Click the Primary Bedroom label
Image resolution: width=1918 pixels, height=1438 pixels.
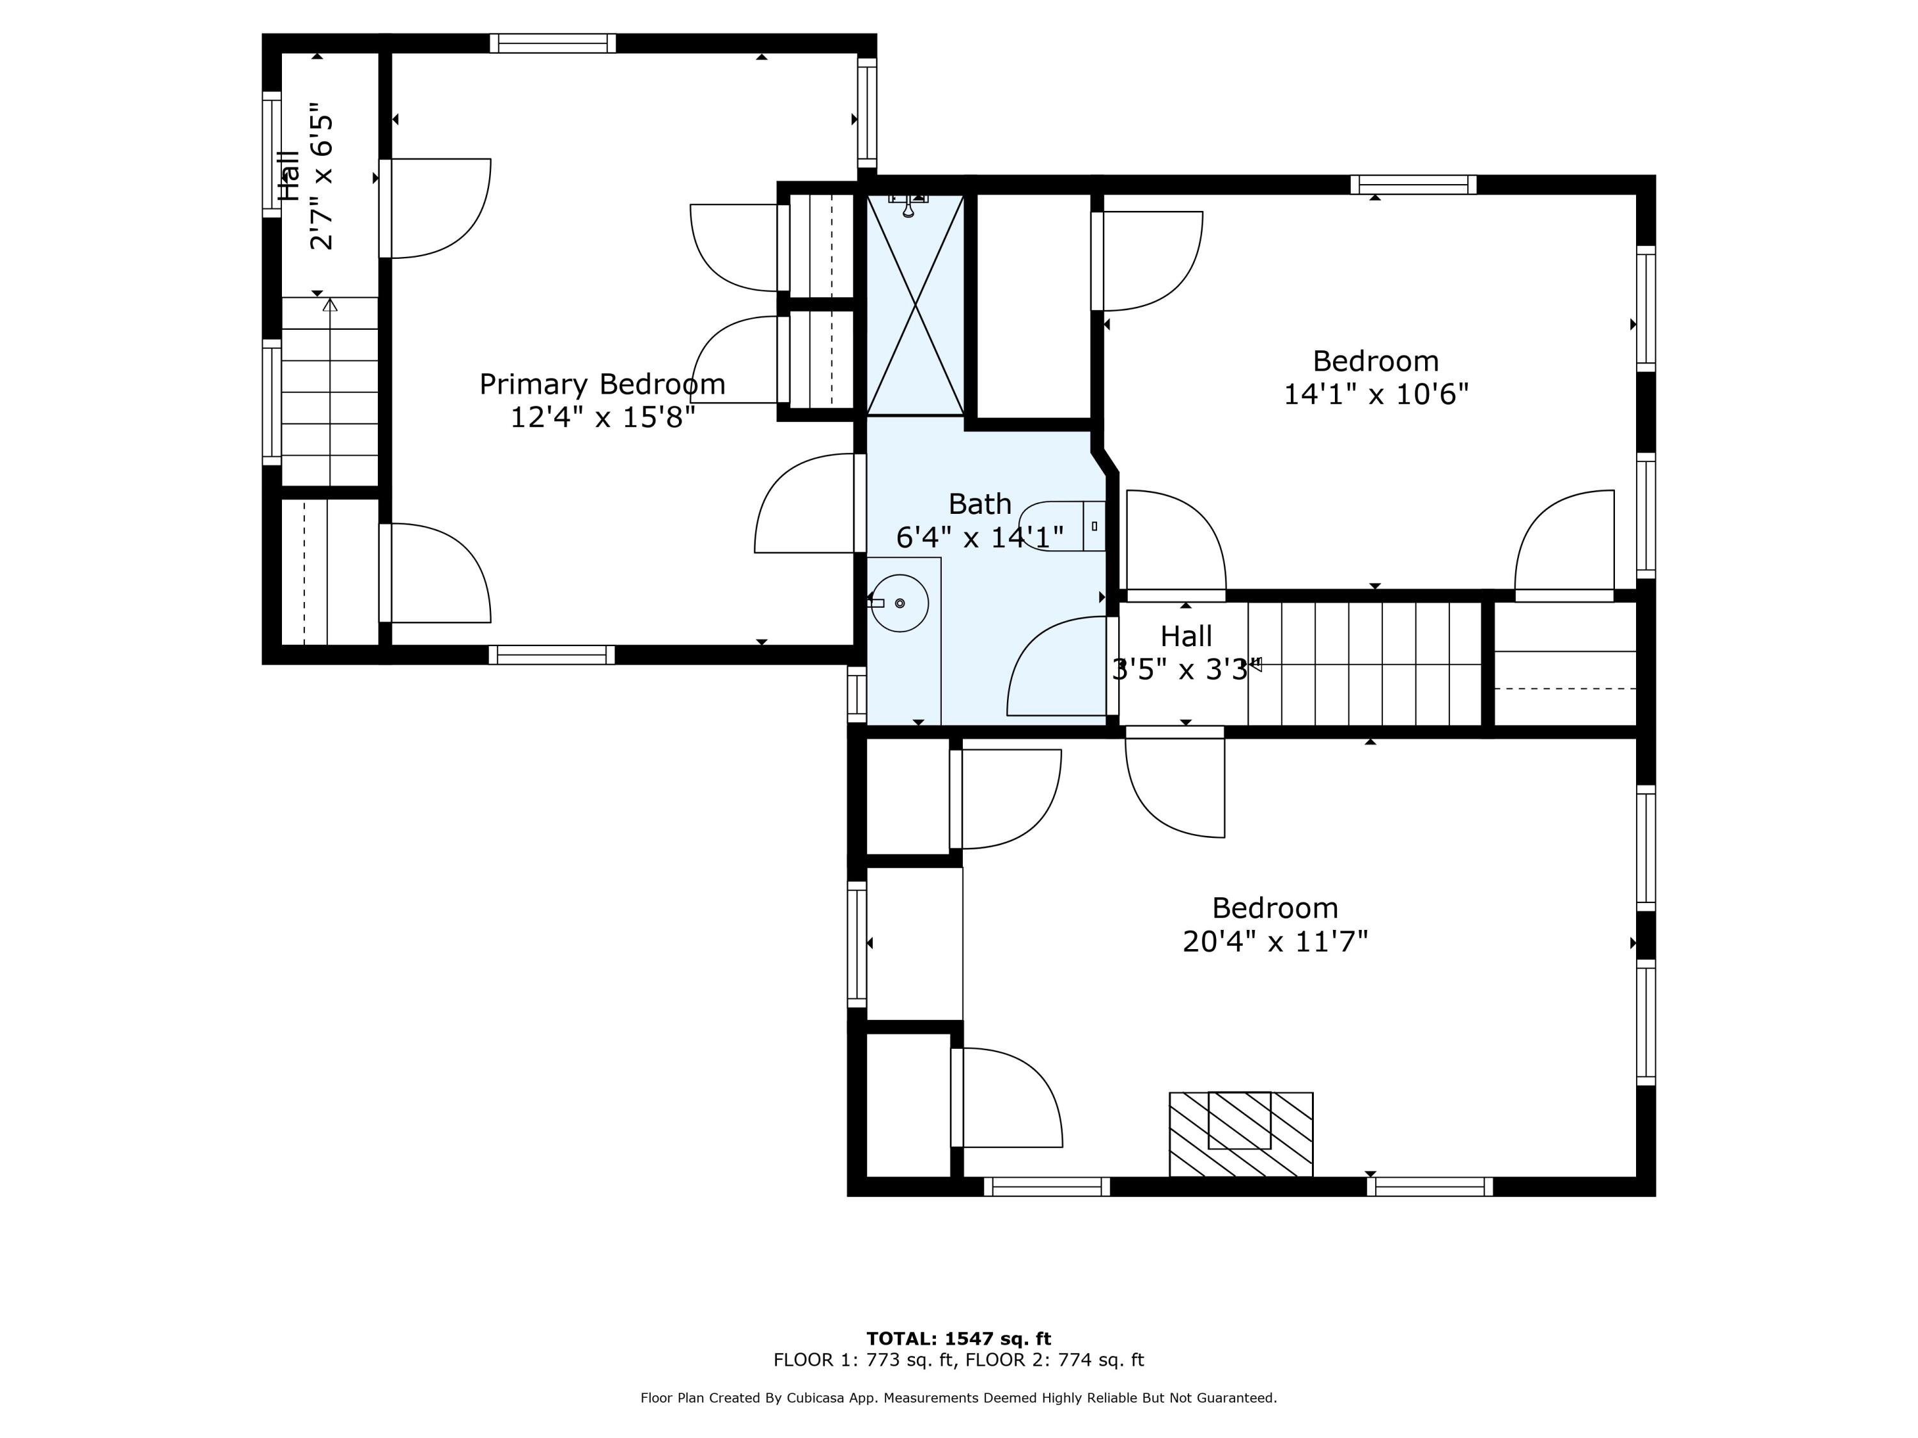(602, 384)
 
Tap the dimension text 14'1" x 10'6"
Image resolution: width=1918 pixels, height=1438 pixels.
(1375, 394)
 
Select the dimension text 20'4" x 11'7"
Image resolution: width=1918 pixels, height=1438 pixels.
(1275, 941)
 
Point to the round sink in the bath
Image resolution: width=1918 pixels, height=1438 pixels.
(900, 603)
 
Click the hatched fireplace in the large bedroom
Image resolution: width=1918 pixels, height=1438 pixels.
(1241, 1134)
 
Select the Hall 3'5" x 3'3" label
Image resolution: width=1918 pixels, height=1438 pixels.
(1185, 653)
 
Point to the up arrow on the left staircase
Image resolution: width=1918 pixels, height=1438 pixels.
(329, 305)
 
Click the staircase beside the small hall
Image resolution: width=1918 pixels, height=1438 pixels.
(1363, 664)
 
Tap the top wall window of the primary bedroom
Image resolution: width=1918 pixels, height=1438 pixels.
(552, 43)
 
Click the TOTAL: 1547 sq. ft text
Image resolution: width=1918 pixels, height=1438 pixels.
(958, 1338)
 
